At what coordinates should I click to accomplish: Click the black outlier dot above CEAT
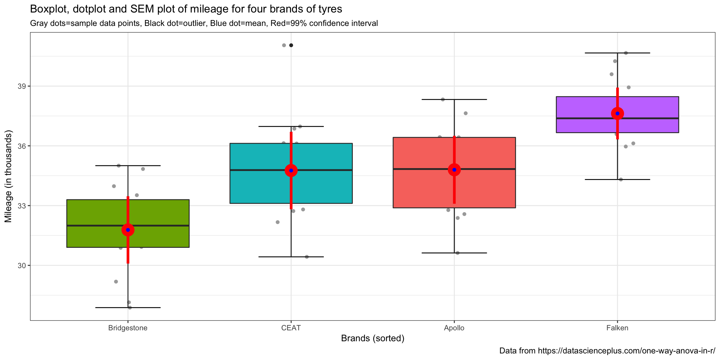point(291,45)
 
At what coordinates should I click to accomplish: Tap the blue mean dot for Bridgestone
point(128,230)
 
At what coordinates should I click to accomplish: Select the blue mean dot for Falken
point(617,113)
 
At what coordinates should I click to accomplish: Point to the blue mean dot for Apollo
point(454,170)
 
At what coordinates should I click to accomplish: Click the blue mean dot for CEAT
point(291,170)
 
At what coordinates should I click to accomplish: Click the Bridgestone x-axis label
point(128,328)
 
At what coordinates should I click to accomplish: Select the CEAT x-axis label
point(291,328)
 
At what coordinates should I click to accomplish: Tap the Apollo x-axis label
point(454,328)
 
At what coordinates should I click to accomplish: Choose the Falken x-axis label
point(617,328)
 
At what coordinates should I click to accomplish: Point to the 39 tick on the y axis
point(22,86)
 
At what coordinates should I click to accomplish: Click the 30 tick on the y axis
point(22,266)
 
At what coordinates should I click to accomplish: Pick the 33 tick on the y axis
point(22,206)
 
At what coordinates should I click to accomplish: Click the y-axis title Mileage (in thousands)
point(8,176)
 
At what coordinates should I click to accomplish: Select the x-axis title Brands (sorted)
point(372,338)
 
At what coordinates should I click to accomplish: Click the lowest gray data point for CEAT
point(307,257)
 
